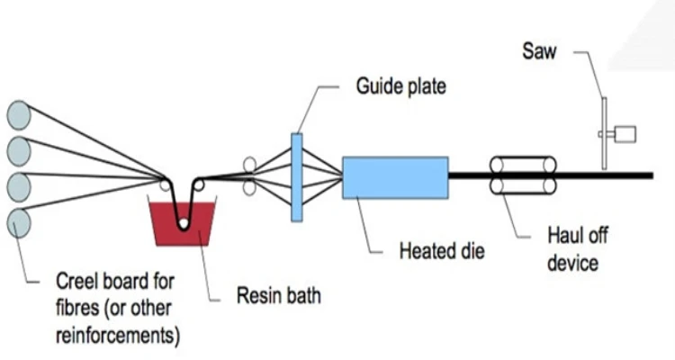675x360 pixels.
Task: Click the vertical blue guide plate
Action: tap(296, 176)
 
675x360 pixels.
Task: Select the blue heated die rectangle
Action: tap(395, 176)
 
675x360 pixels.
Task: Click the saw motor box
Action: tap(625, 135)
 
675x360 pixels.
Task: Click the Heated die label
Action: tap(442, 249)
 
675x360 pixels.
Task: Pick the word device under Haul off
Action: tap(573, 263)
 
